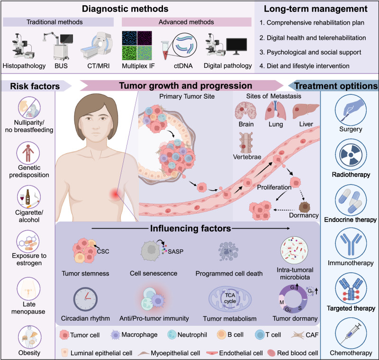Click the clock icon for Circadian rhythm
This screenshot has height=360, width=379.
[86, 299]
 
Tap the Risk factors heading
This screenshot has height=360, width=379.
[32, 86]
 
